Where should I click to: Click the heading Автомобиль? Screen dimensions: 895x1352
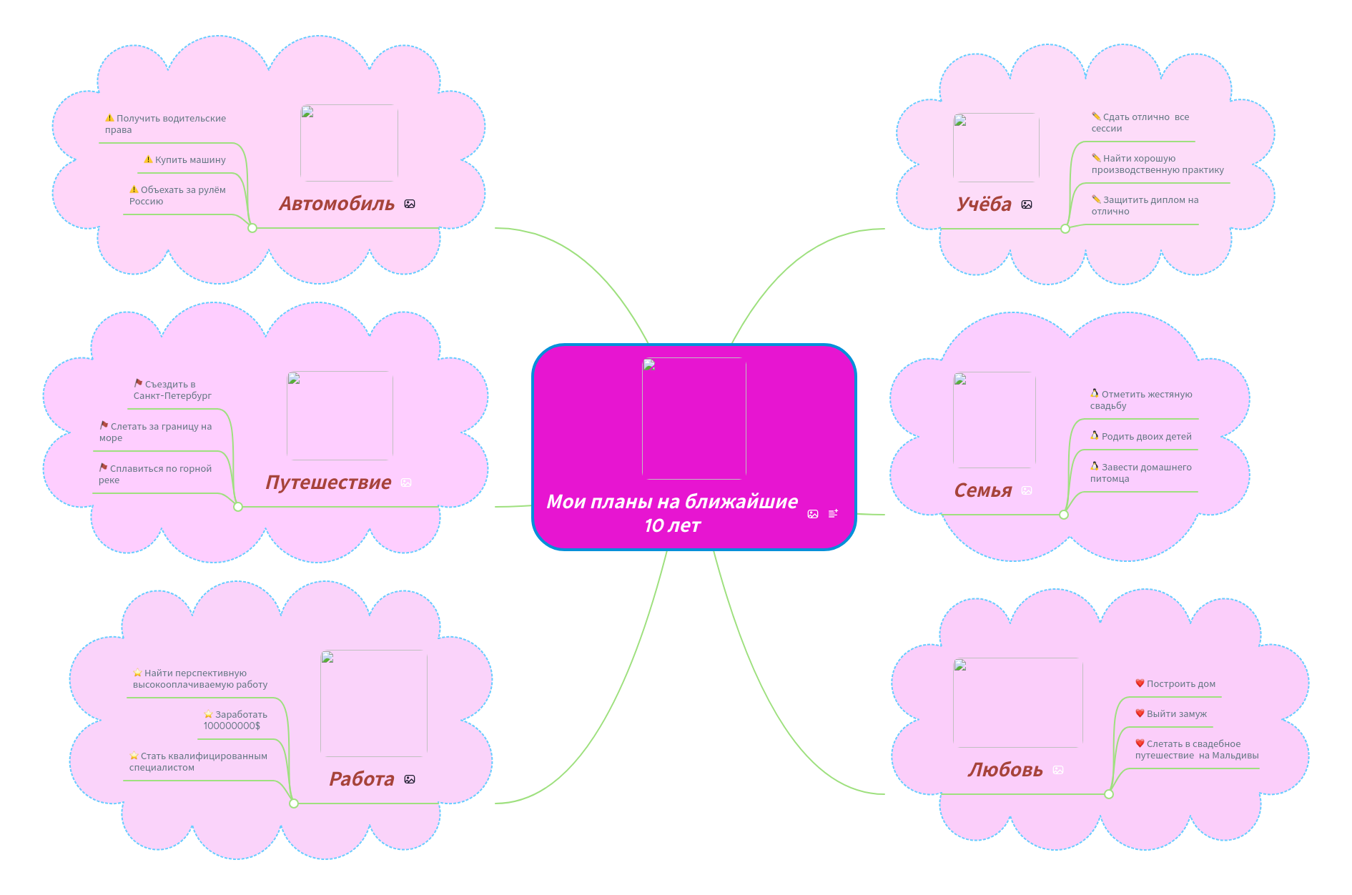336,204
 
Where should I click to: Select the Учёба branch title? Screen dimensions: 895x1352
984,204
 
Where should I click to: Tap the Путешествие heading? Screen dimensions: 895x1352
328,483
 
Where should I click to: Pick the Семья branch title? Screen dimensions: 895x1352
983,490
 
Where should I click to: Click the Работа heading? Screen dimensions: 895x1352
362,779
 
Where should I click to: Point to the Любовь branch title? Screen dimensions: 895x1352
1005,770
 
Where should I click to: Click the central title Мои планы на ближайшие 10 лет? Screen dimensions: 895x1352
672,513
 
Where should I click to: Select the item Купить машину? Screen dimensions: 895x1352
190,160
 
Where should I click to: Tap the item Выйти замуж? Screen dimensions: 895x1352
1176,714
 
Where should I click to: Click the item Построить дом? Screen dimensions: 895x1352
1180,684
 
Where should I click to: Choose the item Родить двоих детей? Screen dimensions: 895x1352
1146,437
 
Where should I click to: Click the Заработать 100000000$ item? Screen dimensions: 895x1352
235,721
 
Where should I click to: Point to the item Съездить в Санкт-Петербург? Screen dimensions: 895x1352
172,390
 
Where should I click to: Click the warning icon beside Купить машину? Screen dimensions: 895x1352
148,159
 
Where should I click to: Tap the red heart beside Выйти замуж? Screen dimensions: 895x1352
1140,713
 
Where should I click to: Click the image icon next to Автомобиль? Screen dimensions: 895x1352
410,204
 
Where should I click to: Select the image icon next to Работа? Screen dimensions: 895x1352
410,779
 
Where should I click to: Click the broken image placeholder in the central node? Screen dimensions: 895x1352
694,418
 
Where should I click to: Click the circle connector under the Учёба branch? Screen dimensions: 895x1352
1065,229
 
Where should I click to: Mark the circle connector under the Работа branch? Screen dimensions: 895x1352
294,803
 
